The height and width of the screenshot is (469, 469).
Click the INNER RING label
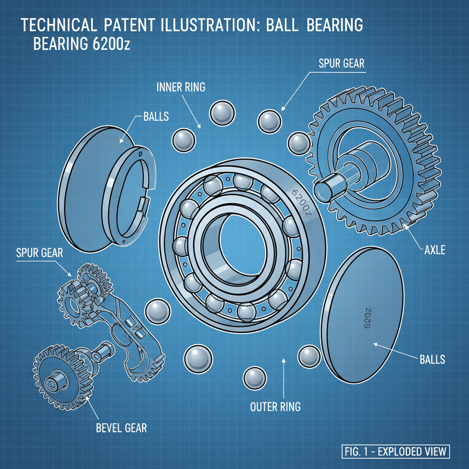tap(181, 87)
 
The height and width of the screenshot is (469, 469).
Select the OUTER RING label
tap(275, 406)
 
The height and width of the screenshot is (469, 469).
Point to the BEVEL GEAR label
tap(121, 428)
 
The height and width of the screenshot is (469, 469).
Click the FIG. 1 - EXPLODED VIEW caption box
tap(396, 451)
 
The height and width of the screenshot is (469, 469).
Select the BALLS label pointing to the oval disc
tap(432, 359)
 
